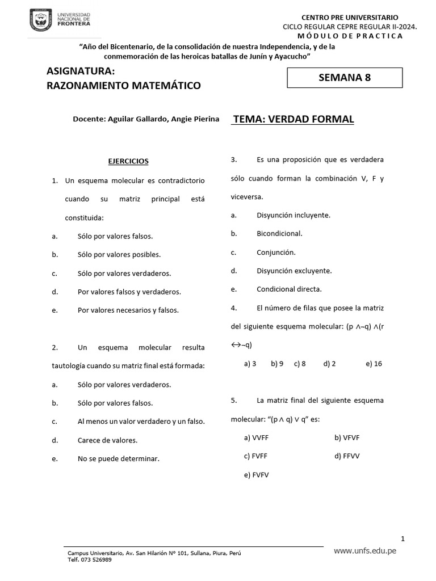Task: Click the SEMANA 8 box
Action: pyautogui.click(x=345, y=78)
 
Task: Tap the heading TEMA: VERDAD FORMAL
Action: pyautogui.click(x=294, y=119)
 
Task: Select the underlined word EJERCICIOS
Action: pyautogui.click(x=128, y=161)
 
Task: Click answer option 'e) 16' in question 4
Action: pyautogui.click(x=374, y=364)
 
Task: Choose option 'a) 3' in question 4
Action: pyautogui.click(x=250, y=364)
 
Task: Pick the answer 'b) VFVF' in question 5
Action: pyautogui.click(x=347, y=437)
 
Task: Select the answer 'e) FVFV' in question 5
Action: pyautogui.click(x=256, y=475)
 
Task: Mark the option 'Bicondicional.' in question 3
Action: pyautogui.click(x=279, y=234)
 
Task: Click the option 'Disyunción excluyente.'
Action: pyautogui.click(x=294, y=271)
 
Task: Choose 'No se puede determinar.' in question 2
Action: pyautogui.click(x=119, y=459)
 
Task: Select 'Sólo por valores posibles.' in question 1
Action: pyautogui.click(x=119, y=255)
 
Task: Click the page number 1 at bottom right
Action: pyautogui.click(x=402, y=538)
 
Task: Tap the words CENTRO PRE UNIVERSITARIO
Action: pyautogui.click(x=349, y=18)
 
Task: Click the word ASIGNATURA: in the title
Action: pyautogui.click(x=81, y=71)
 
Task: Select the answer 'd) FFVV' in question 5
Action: pyautogui.click(x=347, y=456)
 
